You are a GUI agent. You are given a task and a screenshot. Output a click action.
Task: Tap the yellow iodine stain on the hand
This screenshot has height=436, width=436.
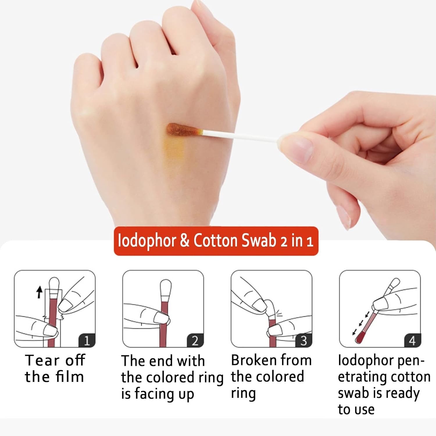[x=174, y=151]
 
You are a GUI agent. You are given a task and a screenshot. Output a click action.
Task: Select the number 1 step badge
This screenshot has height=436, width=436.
[x=87, y=340]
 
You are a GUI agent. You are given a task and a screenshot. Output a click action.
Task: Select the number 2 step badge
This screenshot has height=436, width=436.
[x=195, y=340]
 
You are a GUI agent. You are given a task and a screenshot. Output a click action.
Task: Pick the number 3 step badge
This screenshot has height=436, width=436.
[x=304, y=340]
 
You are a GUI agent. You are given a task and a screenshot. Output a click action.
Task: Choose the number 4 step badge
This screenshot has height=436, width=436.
[x=412, y=340]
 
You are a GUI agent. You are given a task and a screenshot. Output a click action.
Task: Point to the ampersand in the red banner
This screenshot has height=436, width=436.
[x=185, y=241]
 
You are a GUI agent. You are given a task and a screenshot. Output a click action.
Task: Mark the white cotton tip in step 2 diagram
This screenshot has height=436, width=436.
[x=166, y=288]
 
